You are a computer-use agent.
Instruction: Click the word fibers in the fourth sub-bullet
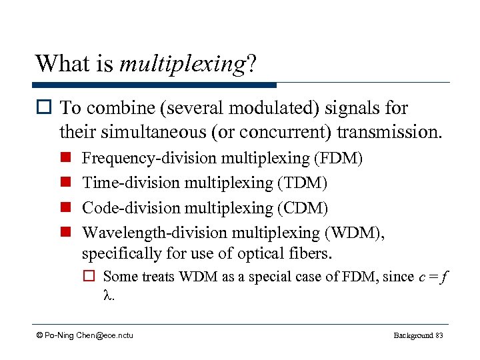coord(309,254)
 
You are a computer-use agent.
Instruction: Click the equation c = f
coord(433,277)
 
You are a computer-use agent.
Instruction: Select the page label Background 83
coord(418,335)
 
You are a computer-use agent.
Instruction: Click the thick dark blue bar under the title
coord(155,85)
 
